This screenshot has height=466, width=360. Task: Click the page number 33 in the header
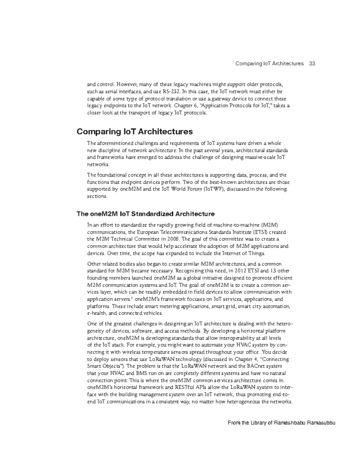click(312, 64)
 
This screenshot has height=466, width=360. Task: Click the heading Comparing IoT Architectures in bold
click(135, 132)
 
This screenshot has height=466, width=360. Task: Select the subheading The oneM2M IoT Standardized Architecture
click(145, 214)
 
